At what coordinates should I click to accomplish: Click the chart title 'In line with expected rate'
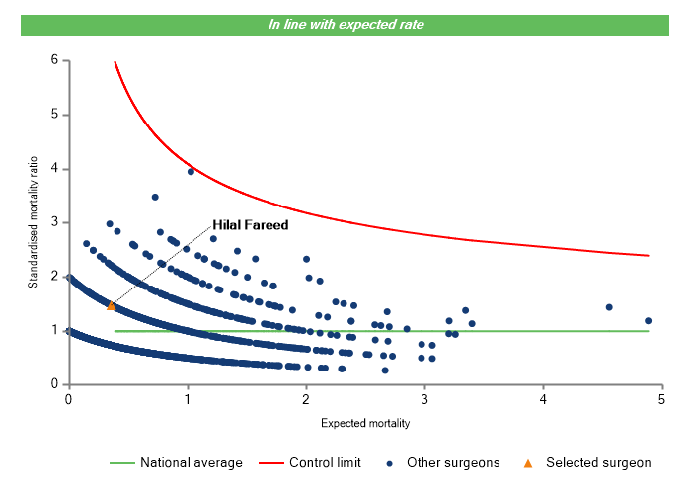pos(345,24)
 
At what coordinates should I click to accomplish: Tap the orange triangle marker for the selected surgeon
pos(111,306)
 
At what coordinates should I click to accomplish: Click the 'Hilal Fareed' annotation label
pos(251,225)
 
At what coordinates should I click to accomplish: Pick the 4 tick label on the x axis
pos(544,399)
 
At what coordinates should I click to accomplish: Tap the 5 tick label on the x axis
pos(662,399)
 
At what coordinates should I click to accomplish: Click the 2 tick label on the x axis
pos(306,399)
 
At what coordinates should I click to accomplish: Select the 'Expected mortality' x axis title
pos(365,423)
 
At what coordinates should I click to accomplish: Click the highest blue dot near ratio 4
pos(191,171)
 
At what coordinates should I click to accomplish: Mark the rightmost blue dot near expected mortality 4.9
pos(648,320)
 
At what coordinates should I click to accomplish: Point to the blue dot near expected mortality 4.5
pos(609,307)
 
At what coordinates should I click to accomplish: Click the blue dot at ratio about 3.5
pos(155,197)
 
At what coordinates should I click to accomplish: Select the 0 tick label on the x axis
pos(68,399)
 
